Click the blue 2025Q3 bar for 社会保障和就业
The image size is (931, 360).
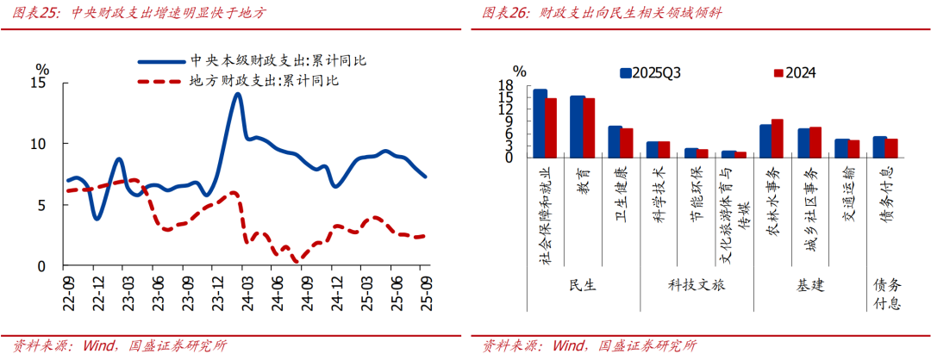pos(540,123)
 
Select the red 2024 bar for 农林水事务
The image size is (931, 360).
pos(777,139)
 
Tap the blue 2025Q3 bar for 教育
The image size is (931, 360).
pos(577,127)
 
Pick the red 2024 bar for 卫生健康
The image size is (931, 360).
pos(627,143)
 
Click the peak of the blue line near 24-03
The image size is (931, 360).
pos(237,94)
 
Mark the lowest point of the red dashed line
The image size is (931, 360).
pos(296,260)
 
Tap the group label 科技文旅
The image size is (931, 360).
pos(696,285)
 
